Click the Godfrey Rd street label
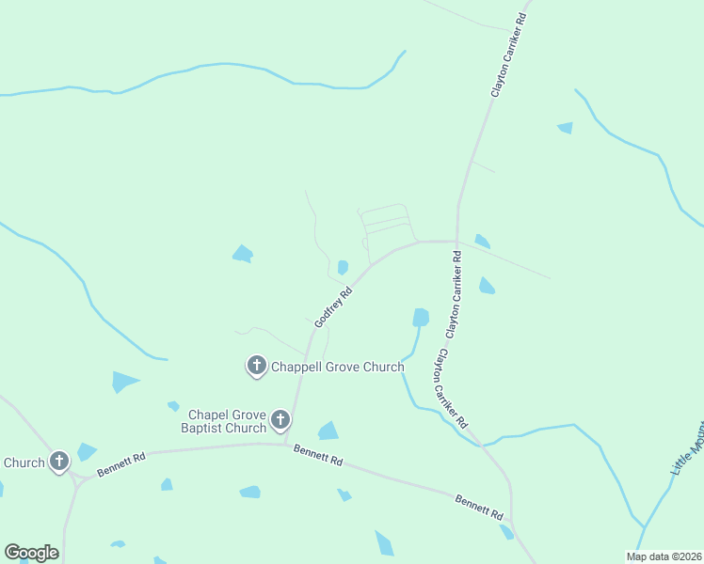point(333,306)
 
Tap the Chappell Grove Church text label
point(338,367)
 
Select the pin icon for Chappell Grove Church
point(256,365)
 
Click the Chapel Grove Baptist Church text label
point(227,421)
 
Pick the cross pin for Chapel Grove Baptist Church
point(280,420)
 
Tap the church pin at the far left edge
point(59,461)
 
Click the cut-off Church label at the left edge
point(24,462)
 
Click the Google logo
point(31,553)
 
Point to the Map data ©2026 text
point(664,556)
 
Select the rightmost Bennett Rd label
point(480,507)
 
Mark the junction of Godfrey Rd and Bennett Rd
point(287,444)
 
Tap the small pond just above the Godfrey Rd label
point(343,267)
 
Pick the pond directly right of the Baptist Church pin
point(328,431)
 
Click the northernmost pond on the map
point(566,128)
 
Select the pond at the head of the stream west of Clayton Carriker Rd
point(421,318)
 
